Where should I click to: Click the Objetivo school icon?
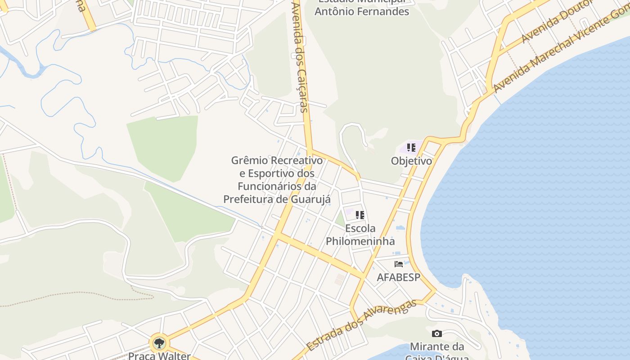click(x=411, y=147)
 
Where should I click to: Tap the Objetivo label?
click(x=411, y=161)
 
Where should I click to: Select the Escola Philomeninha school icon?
click(x=360, y=215)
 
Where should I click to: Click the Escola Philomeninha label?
click(x=360, y=234)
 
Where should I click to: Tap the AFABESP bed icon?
click(x=398, y=264)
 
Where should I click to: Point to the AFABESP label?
click(x=398, y=277)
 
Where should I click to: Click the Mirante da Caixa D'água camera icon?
click(x=436, y=333)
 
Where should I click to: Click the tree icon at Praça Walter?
click(x=159, y=343)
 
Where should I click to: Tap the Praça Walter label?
click(x=159, y=356)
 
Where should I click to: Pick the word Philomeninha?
click(x=360, y=241)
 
